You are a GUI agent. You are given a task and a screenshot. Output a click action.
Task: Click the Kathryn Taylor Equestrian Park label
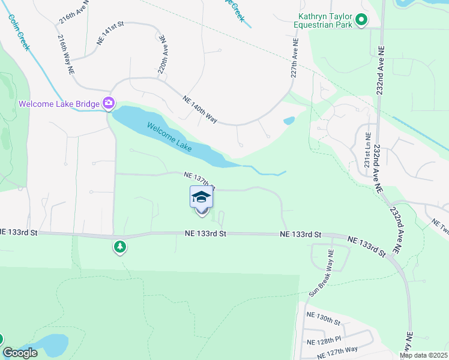click(324, 21)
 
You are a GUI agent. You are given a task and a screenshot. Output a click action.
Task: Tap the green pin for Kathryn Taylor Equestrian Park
click(361, 21)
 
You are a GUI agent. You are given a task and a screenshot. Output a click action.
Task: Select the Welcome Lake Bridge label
click(59, 104)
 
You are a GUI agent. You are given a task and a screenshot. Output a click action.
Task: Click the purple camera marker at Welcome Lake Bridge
click(109, 103)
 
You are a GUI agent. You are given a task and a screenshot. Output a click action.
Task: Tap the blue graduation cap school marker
click(202, 197)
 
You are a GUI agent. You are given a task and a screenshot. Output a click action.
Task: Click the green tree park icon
click(120, 246)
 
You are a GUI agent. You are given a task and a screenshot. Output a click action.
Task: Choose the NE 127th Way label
click(332, 349)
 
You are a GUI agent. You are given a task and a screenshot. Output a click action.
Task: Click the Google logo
click(20, 353)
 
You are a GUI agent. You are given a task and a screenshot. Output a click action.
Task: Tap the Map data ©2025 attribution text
click(423, 355)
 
